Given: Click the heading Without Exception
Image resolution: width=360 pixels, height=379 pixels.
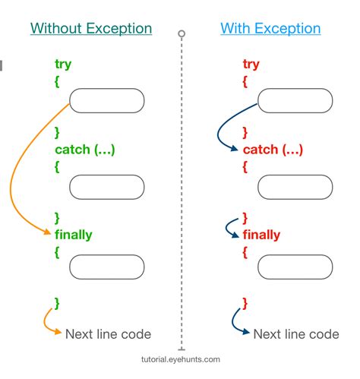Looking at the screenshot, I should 91,29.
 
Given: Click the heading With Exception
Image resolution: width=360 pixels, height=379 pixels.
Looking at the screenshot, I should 270,29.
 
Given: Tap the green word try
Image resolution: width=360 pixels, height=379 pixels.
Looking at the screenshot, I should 63,65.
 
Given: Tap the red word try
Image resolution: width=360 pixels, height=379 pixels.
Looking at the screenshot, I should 251,65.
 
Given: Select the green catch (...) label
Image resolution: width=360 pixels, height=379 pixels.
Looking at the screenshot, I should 84,150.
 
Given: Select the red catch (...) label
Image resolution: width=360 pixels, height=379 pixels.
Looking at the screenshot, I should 272,150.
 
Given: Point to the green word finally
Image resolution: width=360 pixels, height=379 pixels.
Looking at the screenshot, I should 73,235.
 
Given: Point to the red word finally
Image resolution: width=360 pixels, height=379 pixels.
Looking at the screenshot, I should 261,235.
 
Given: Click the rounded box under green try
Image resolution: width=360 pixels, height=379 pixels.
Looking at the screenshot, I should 106,101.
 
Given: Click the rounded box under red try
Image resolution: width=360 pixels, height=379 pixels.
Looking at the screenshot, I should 295,101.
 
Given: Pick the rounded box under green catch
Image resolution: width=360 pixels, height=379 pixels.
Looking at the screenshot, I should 106,186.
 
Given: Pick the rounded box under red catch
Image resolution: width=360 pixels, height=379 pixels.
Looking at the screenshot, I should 295,186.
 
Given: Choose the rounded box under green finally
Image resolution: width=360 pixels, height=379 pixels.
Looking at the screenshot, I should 106,267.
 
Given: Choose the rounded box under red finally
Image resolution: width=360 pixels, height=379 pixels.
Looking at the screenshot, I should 295,267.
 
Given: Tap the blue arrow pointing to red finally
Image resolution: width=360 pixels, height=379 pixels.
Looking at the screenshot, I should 229,227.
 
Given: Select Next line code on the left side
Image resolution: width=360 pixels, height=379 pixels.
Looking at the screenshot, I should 108,334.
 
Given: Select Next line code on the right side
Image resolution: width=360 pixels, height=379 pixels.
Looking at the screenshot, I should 295,334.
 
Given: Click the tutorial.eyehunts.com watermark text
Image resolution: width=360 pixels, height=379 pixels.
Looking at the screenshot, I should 181,360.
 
